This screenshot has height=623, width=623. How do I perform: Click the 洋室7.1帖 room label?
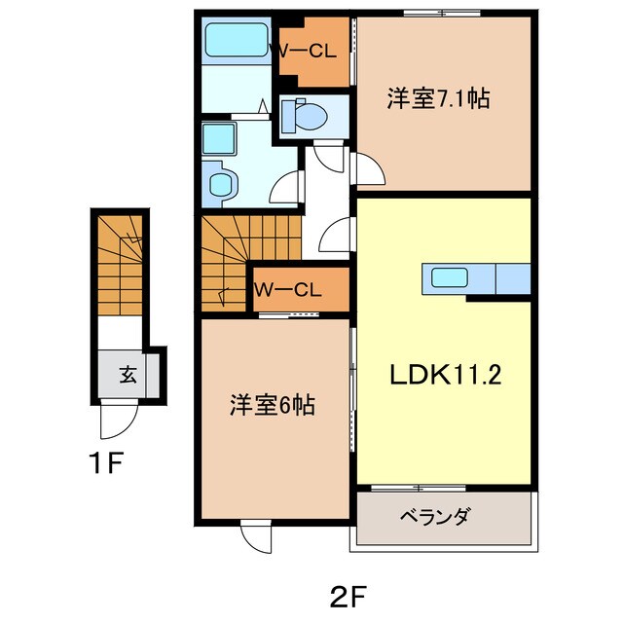437,97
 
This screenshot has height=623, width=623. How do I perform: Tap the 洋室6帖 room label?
272,405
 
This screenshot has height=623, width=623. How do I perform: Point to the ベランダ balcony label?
433,516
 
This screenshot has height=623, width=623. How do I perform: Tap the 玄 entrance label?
128,373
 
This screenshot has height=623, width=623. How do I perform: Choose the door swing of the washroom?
283,185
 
